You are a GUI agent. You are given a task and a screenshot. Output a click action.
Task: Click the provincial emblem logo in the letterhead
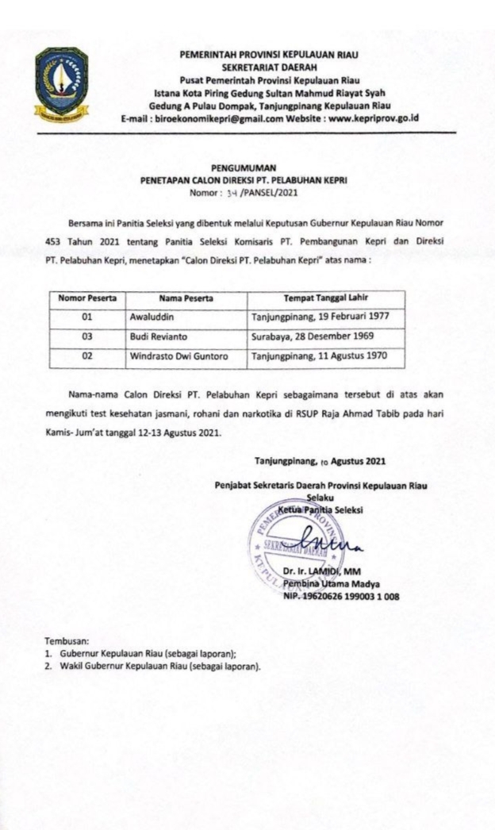[62, 83]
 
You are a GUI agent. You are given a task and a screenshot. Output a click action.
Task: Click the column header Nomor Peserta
[87, 298]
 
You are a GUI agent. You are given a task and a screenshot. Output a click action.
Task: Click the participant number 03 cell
[87, 336]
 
